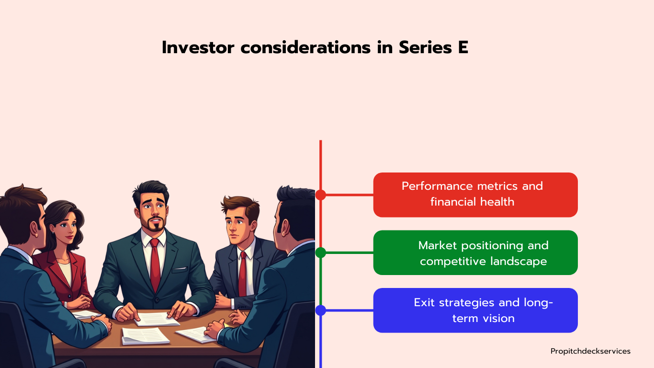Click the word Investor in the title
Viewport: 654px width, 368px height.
[198, 47]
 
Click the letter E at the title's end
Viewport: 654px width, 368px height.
[463, 47]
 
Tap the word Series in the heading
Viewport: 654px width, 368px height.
[425, 47]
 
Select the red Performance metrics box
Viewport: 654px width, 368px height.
[475, 195]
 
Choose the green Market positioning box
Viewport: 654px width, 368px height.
[475, 253]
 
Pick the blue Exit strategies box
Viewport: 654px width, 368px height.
[475, 310]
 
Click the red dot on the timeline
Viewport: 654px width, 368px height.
[321, 195]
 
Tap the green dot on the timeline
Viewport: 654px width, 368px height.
[321, 253]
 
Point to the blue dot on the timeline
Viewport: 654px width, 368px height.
[321, 310]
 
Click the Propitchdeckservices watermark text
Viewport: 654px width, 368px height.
[590, 351]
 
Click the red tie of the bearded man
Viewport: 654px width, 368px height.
[155, 264]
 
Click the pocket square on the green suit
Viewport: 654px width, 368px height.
[180, 269]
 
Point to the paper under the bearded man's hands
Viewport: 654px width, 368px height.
[157, 319]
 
